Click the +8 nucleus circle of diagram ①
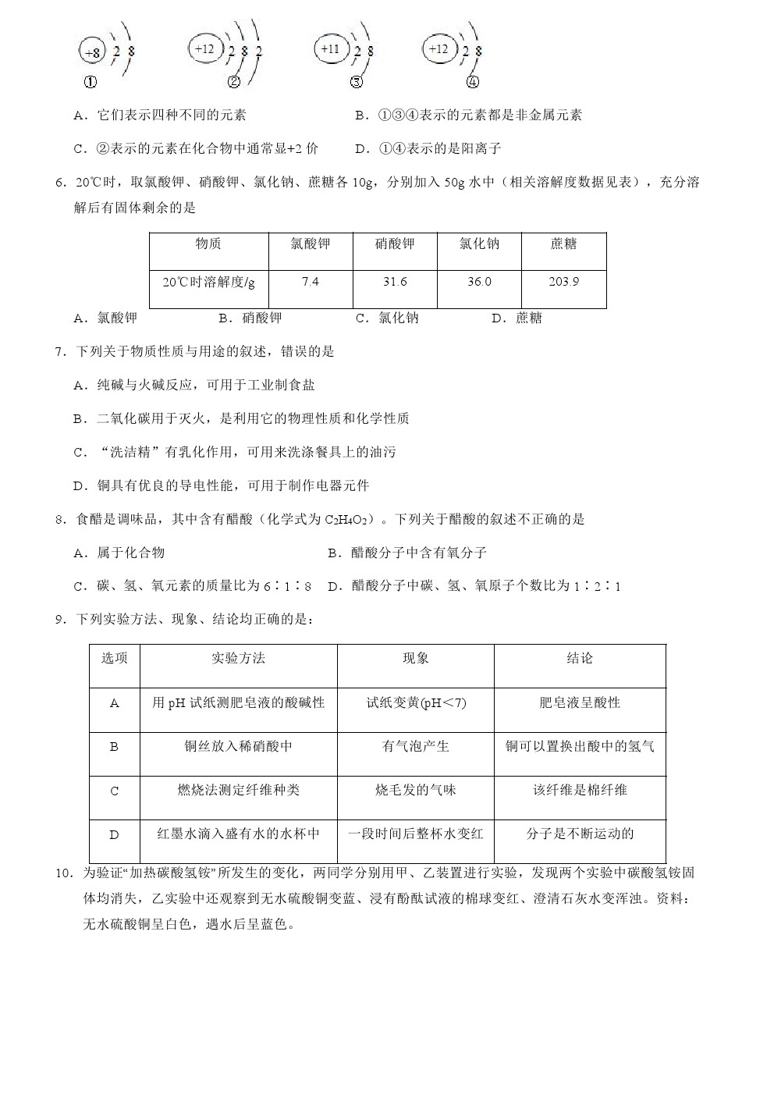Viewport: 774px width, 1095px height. click(91, 52)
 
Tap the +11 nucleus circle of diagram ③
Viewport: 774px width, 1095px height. click(330, 48)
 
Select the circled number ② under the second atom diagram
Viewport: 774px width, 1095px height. click(233, 82)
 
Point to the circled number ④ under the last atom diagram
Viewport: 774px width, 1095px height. click(472, 81)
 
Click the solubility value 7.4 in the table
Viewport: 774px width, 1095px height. click(310, 282)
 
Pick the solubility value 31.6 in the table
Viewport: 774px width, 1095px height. click(395, 282)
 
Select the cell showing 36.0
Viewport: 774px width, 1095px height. click(479, 282)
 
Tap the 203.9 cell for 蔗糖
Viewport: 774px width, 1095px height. click(563, 282)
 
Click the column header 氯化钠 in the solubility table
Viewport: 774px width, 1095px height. click(479, 244)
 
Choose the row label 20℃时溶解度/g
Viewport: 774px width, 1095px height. click(208, 283)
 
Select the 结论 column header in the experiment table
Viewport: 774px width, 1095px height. click(580, 659)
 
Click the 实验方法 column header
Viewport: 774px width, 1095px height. click(238, 659)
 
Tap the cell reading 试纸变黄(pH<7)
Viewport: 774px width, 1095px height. click(416, 703)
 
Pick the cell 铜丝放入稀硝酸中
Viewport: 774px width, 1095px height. click(238, 747)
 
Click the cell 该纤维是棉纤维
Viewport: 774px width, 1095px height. click(580, 791)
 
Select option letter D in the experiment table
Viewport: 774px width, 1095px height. click(114, 835)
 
